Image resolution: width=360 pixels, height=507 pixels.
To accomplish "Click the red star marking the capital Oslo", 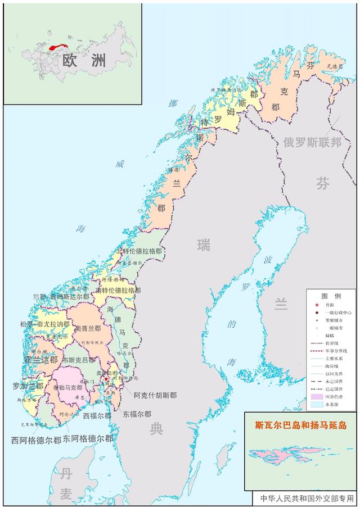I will [106, 379].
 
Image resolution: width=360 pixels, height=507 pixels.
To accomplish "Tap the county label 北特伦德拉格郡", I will [139, 251].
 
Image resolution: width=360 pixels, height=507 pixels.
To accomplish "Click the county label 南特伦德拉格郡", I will [118, 291].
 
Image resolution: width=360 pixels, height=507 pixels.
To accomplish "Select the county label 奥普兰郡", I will [88, 328].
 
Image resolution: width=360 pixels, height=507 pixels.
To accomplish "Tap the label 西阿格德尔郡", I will [36, 441].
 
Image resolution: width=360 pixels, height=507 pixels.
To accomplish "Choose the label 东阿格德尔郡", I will [88, 438].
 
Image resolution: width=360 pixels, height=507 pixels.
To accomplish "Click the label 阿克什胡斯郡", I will [155, 395].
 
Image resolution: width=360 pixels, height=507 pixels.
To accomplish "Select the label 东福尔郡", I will [137, 414].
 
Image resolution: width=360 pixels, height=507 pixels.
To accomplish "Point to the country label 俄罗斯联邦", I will [313, 142].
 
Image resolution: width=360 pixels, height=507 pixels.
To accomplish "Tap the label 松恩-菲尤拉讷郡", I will [45, 325].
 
